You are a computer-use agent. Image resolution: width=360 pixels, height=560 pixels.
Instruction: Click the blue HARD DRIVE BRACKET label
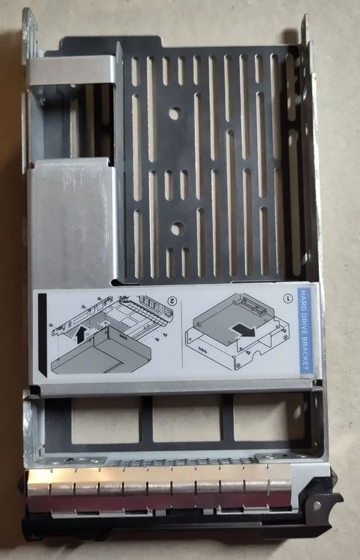coord(305,331)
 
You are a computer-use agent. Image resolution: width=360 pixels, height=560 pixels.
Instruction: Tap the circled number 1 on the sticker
coord(286,298)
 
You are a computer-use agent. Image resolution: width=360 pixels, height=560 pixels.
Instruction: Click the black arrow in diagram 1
coord(243,330)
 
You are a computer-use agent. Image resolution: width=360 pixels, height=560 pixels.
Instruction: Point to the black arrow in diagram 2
coord(81,335)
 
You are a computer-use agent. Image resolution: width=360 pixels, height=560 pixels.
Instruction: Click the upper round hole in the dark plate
coord(175,113)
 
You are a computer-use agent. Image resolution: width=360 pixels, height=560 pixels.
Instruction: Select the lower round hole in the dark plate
coord(177,228)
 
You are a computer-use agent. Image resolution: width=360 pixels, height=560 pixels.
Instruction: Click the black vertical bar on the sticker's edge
coord(42,335)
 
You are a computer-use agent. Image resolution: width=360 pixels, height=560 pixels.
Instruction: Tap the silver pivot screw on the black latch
coord(317,505)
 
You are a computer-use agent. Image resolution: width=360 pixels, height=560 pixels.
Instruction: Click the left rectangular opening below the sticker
coord(105,420)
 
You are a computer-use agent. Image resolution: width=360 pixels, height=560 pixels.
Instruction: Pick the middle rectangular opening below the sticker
coord(187,418)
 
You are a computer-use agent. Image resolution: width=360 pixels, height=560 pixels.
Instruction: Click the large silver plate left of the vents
coord(72,222)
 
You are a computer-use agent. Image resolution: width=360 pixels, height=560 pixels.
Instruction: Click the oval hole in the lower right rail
coord(297,412)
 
